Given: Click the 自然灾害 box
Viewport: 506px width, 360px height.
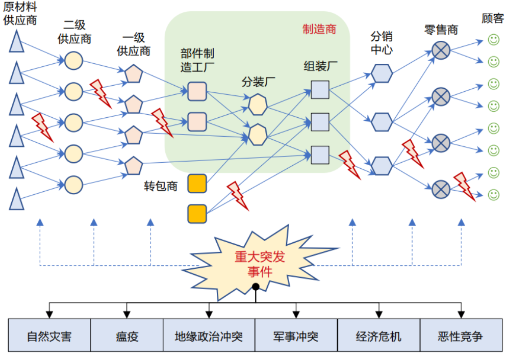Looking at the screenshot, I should (49, 336).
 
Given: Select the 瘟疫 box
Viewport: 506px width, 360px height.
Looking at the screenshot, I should (127, 336).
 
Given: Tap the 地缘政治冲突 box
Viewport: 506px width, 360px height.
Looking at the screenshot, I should (209, 336).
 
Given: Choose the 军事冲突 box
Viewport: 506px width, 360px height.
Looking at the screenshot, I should (296, 336).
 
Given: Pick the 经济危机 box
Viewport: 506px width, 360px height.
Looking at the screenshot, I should (378, 336).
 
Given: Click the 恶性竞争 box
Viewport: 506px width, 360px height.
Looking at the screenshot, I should (460, 336).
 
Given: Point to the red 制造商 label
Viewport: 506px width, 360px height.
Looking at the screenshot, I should (319, 29).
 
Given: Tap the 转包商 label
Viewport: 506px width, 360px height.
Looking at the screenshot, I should (161, 186).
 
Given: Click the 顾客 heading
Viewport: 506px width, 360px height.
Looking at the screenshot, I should (493, 19).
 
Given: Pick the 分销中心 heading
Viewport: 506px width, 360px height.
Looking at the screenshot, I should (382, 43).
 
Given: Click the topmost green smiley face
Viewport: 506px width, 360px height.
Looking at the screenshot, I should (493, 39).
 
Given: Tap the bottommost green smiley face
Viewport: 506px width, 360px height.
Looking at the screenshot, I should (493, 195).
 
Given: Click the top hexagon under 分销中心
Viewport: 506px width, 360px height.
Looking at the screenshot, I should (382, 73).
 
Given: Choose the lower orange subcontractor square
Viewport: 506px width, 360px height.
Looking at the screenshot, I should (197, 214).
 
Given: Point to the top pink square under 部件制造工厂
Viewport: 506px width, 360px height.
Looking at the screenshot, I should (197, 91).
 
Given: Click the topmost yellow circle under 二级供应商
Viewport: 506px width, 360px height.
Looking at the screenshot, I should (73, 60).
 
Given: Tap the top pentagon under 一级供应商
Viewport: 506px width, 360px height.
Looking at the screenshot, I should (134, 74).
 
